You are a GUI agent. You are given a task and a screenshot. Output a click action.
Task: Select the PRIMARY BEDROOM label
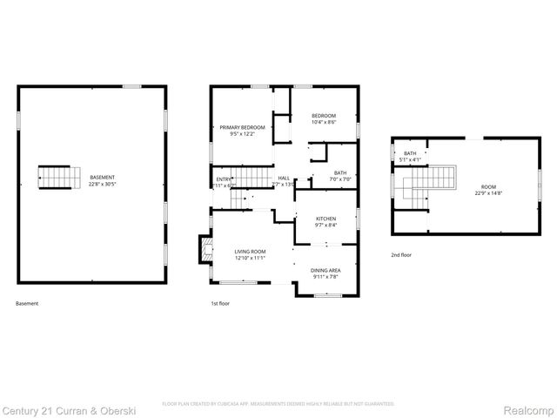pyautogui.click(x=241, y=127)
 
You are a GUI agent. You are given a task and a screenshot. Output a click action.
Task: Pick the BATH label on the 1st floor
pyautogui.click(x=339, y=172)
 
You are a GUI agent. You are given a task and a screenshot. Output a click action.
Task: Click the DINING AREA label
pyautogui.click(x=325, y=270)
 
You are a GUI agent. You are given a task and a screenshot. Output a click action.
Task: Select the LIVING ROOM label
pyautogui.click(x=249, y=251)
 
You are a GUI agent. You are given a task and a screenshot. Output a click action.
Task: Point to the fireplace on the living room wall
pyautogui.click(x=205, y=249)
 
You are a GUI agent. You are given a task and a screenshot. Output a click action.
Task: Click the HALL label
pyautogui.click(x=284, y=178)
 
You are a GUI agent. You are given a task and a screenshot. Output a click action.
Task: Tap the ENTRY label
pyautogui.click(x=223, y=179)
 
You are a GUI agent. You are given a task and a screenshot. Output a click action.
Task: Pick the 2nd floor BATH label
pyautogui.click(x=409, y=153)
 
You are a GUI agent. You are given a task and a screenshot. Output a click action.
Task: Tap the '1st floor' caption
pyautogui.click(x=221, y=303)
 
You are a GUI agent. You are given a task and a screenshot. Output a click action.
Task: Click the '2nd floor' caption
pyautogui.click(x=401, y=255)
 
